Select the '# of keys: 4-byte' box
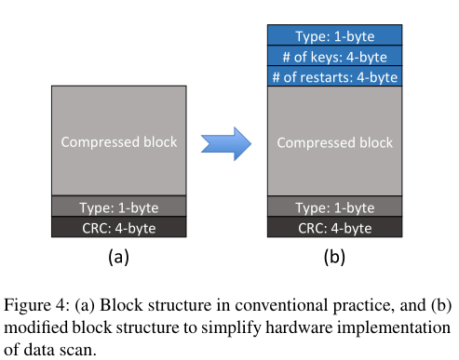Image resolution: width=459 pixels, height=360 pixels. (x=334, y=55)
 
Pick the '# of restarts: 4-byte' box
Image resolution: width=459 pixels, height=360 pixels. (x=334, y=76)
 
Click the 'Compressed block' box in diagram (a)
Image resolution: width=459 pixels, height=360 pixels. (x=118, y=142)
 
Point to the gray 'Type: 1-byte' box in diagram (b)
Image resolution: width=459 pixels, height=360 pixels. (x=334, y=207)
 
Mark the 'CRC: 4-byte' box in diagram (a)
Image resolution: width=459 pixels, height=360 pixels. (x=118, y=227)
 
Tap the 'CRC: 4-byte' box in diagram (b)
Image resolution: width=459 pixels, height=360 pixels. (x=334, y=227)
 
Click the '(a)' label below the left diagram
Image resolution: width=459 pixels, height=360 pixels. (x=118, y=258)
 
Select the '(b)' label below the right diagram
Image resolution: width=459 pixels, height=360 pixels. (x=334, y=258)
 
